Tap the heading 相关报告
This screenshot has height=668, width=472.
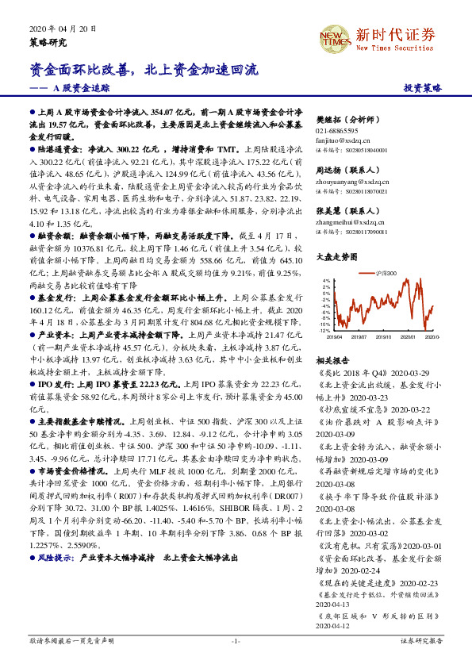pyautogui.click(x=332, y=359)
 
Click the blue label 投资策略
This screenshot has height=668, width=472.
pyautogui.click(x=422, y=88)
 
